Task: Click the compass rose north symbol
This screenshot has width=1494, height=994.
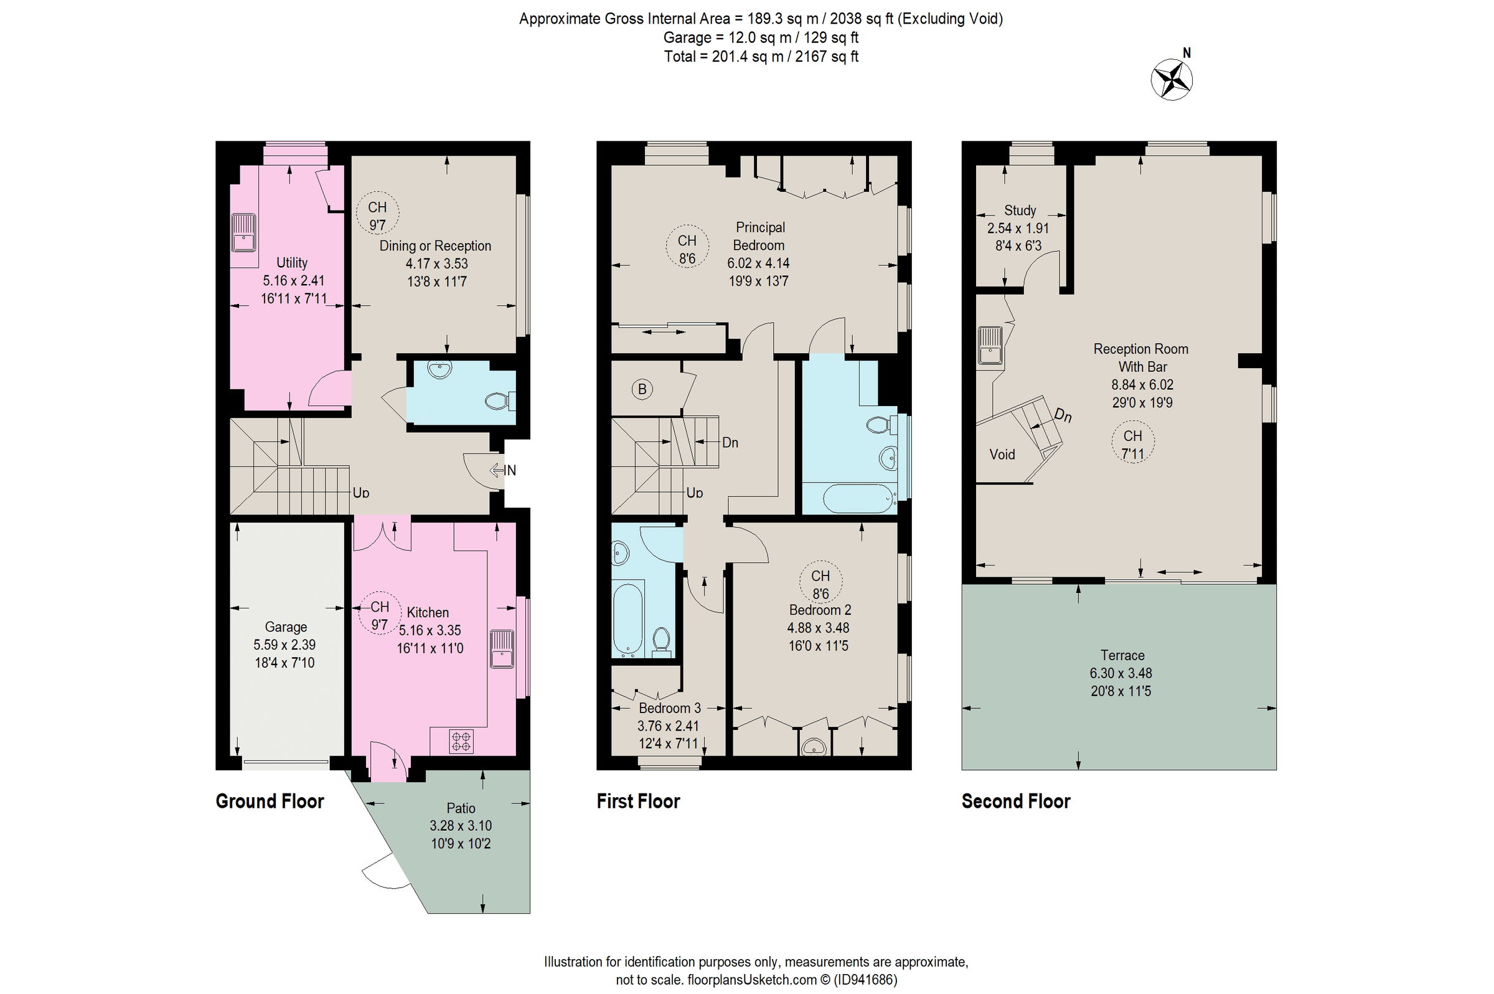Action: click(x=1172, y=79)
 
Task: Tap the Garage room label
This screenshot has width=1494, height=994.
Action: click(x=286, y=627)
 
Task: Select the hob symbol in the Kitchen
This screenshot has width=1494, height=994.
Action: click(x=461, y=742)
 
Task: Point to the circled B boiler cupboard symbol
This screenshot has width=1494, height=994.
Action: click(x=642, y=389)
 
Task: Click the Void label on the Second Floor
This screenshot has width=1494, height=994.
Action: click(x=1002, y=455)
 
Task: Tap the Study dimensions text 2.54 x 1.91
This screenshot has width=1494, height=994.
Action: click(x=1018, y=228)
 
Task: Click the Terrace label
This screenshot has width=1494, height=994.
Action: click(x=1122, y=655)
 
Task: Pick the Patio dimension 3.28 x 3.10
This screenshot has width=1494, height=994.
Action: click(x=461, y=826)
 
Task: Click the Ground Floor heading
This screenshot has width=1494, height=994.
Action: click(x=270, y=802)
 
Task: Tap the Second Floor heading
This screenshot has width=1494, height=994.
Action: click(x=1016, y=802)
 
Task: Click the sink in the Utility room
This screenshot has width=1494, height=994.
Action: click(x=243, y=234)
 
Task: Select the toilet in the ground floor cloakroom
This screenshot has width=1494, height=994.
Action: click(x=499, y=401)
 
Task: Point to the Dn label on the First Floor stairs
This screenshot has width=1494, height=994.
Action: click(x=730, y=442)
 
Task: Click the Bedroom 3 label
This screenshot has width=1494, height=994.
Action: click(x=669, y=708)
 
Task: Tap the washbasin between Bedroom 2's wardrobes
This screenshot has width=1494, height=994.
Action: click(x=814, y=747)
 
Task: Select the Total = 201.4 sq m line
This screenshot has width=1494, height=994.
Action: click(x=760, y=57)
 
